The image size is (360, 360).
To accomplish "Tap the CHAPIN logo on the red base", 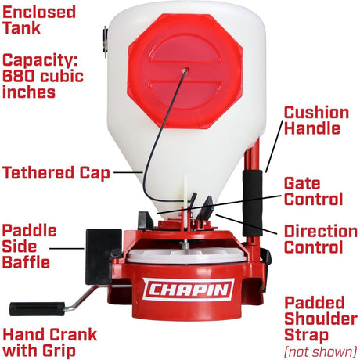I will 188,289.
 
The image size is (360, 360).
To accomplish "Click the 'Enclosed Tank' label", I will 39,21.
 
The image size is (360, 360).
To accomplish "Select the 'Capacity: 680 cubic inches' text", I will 41,75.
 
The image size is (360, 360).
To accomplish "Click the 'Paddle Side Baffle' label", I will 30,247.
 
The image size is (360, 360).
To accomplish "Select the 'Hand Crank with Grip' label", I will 49,343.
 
